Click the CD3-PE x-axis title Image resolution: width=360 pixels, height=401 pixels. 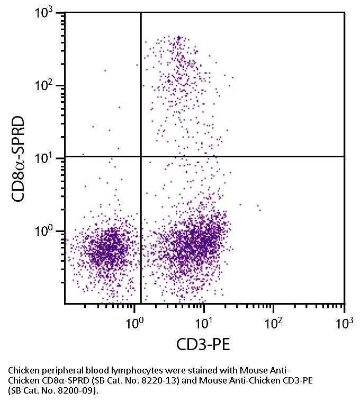tap(203, 345)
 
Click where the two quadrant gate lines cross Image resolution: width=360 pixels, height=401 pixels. tap(141, 156)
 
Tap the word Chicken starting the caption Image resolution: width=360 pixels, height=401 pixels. tap(23, 370)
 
